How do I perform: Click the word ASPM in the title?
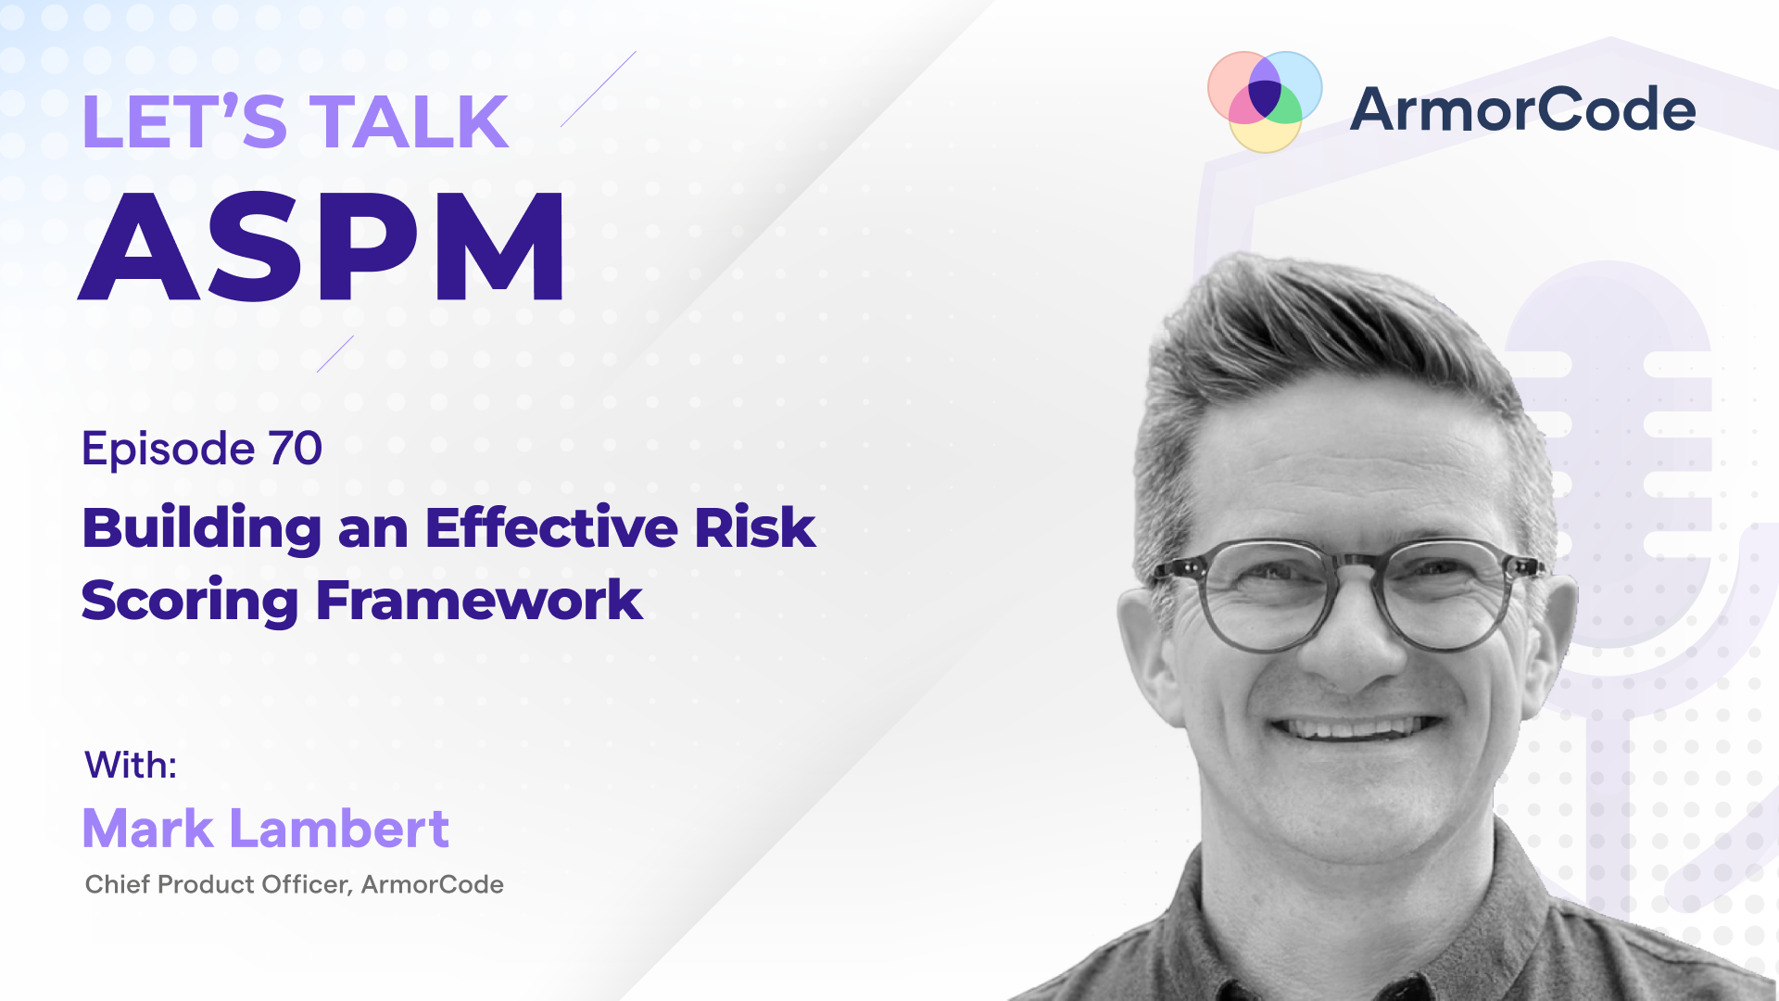tap(322, 247)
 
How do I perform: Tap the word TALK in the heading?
tap(409, 122)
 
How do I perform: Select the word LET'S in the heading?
tap(183, 122)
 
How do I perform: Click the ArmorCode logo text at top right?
tap(1522, 109)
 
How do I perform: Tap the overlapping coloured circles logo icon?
tap(1265, 101)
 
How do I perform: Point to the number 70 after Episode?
tap(295, 449)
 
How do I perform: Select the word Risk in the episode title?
tap(754, 528)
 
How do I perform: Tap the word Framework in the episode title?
tap(479, 601)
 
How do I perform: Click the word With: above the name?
tap(131, 766)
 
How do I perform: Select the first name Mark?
tap(148, 829)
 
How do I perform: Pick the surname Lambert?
tap(339, 829)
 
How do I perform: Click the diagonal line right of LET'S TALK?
tap(599, 89)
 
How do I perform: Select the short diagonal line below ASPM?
tap(335, 353)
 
